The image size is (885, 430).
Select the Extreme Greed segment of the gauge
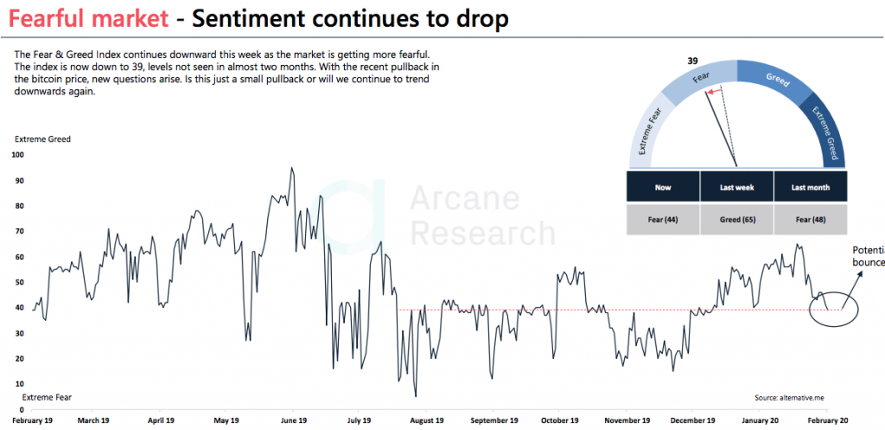tap(823, 130)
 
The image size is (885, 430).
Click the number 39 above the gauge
tap(692, 61)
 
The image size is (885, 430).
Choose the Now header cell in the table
tap(662, 187)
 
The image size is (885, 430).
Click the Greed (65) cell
tap(736, 220)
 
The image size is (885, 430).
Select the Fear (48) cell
tap(808, 220)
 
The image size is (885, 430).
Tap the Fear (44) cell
tap(662, 220)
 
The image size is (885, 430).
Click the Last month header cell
tap(808, 187)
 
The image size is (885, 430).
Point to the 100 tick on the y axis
tap(17, 155)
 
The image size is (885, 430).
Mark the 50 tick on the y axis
tap(19, 282)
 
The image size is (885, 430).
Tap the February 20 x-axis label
tap(826, 420)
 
